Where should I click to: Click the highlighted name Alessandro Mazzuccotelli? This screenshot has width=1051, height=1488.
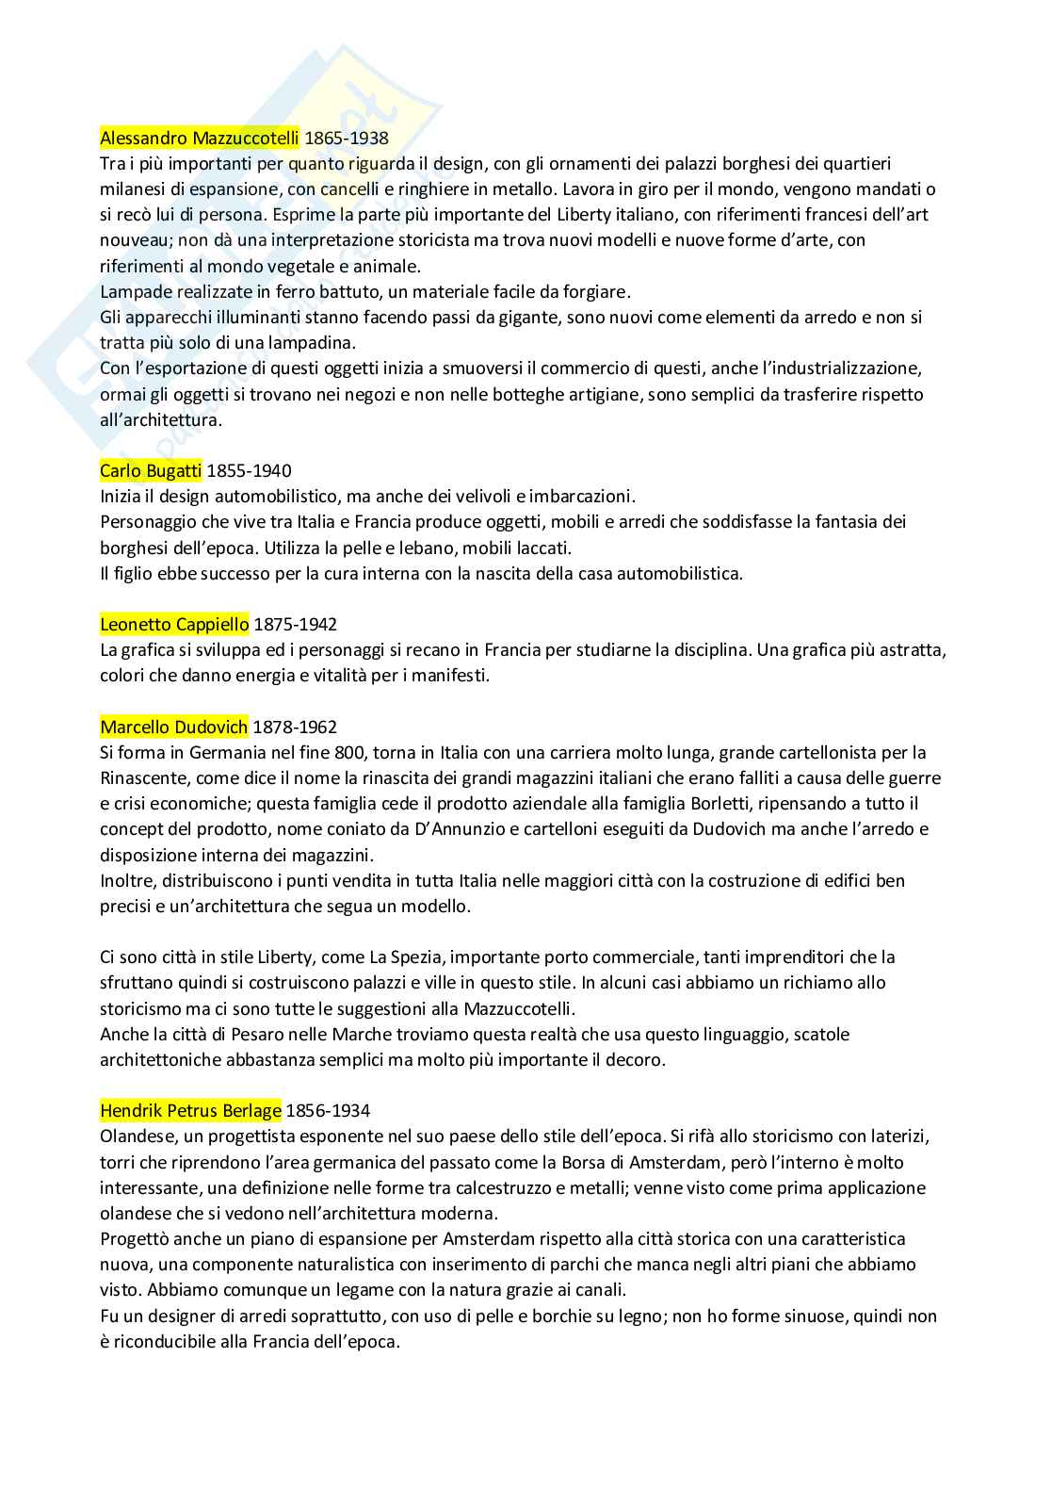pos(200,139)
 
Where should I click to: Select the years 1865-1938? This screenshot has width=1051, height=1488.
pos(347,139)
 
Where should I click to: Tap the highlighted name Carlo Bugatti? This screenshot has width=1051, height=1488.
pos(151,470)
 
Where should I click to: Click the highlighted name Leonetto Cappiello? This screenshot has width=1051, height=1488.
pos(174,624)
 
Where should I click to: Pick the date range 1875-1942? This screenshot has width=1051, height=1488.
pos(295,624)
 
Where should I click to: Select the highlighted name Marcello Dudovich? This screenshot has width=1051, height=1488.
pos(174,727)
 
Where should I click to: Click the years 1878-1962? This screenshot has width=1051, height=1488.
pos(295,727)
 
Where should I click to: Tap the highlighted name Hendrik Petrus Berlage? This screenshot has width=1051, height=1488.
pos(190,1110)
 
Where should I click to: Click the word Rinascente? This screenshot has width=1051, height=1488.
pos(143,778)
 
